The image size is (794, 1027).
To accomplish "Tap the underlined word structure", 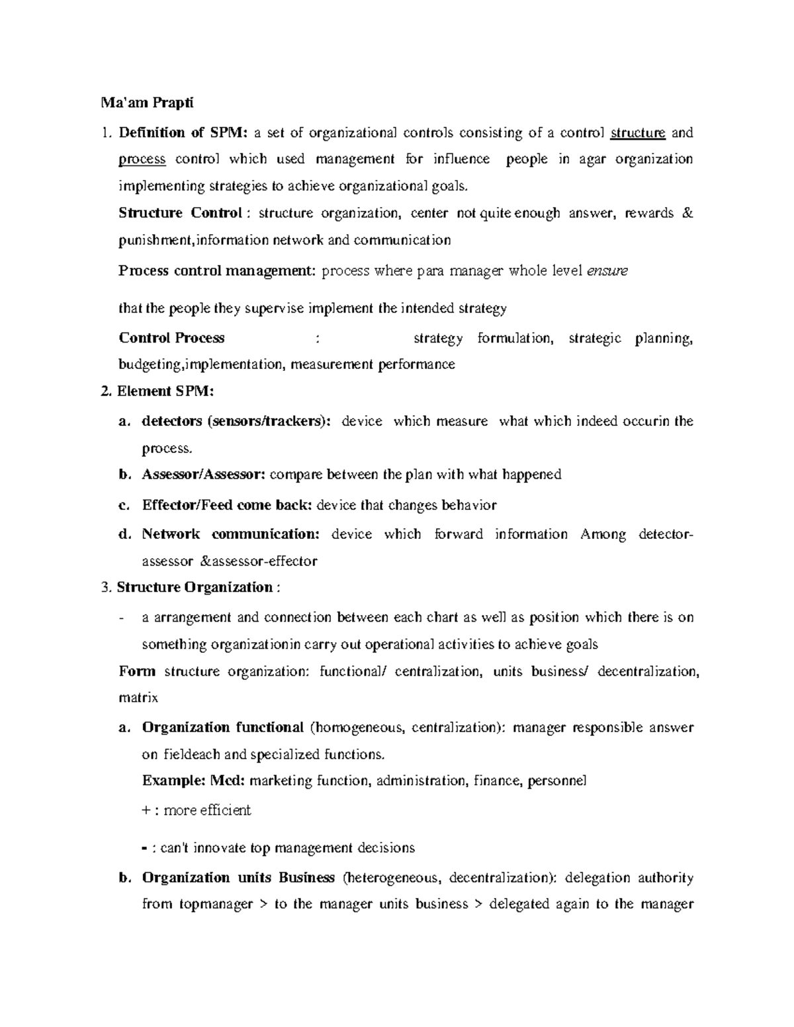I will tap(637, 133).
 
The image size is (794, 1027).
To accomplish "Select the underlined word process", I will tap(142, 159).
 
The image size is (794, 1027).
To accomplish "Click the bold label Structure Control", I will tap(180, 213).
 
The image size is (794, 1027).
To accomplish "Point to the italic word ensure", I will tap(607, 271).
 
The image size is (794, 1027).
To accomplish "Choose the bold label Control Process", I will tap(171, 338).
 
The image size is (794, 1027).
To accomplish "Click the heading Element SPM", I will tap(165, 391).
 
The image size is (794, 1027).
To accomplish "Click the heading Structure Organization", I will tap(195, 587).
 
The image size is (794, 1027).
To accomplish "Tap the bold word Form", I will tap(137, 672).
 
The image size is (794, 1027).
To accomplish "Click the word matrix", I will tap(138, 698).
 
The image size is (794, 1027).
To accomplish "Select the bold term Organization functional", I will tap(222, 728).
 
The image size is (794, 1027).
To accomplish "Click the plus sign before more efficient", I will tap(146, 811).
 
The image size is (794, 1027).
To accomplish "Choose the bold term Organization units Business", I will tap(238, 878).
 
